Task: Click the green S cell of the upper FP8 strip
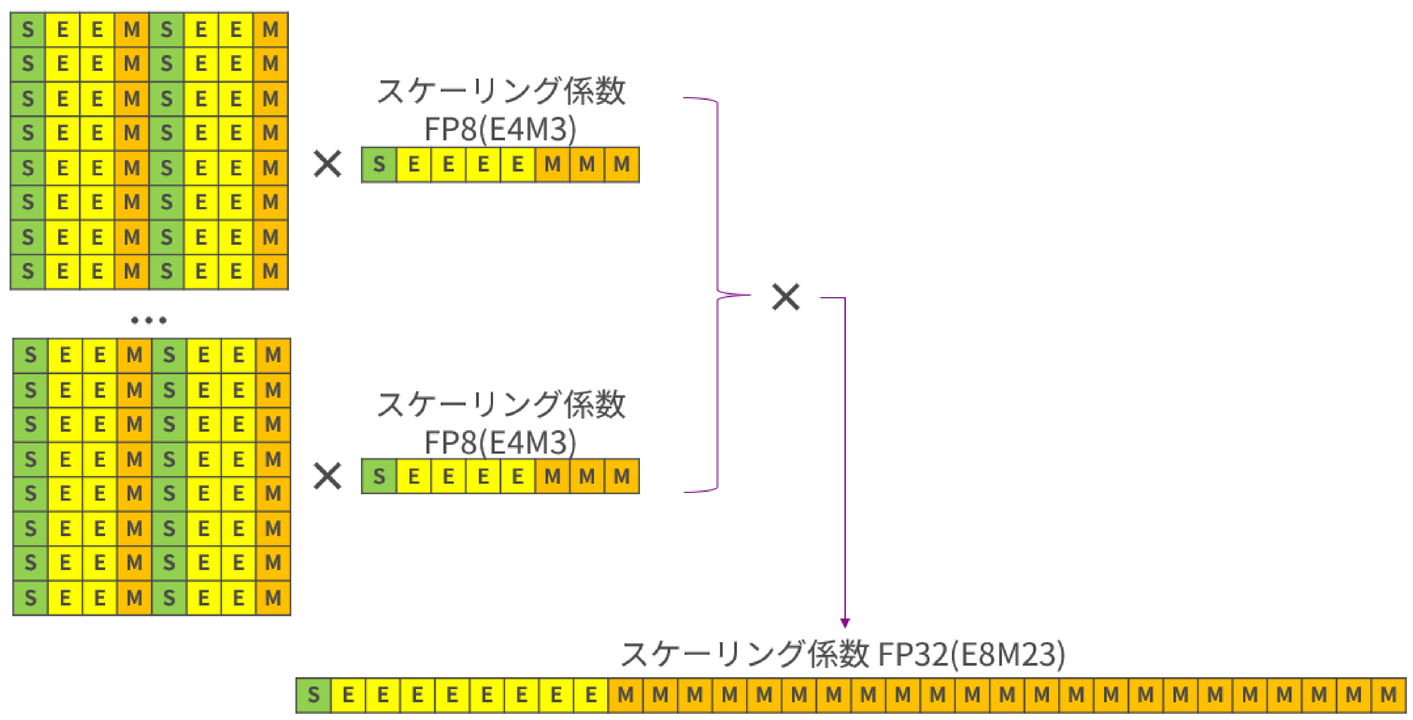coord(379,164)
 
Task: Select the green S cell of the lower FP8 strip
coord(379,476)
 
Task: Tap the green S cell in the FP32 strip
coord(314,695)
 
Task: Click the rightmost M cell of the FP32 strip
coord(1388,695)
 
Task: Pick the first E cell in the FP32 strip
coord(348,695)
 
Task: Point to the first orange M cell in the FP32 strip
coord(626,695)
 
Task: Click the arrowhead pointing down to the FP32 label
coord(845,623)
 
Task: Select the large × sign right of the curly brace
coord(786,297)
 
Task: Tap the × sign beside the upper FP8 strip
coord(327,164)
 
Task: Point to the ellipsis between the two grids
coord(149,320)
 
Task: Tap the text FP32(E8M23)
coord(972,654)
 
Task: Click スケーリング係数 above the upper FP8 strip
coord(501,91)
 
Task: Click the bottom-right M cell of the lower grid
coord(273,597)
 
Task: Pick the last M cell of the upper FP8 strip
coord(621,164)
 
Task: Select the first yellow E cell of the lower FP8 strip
coord(414,476)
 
